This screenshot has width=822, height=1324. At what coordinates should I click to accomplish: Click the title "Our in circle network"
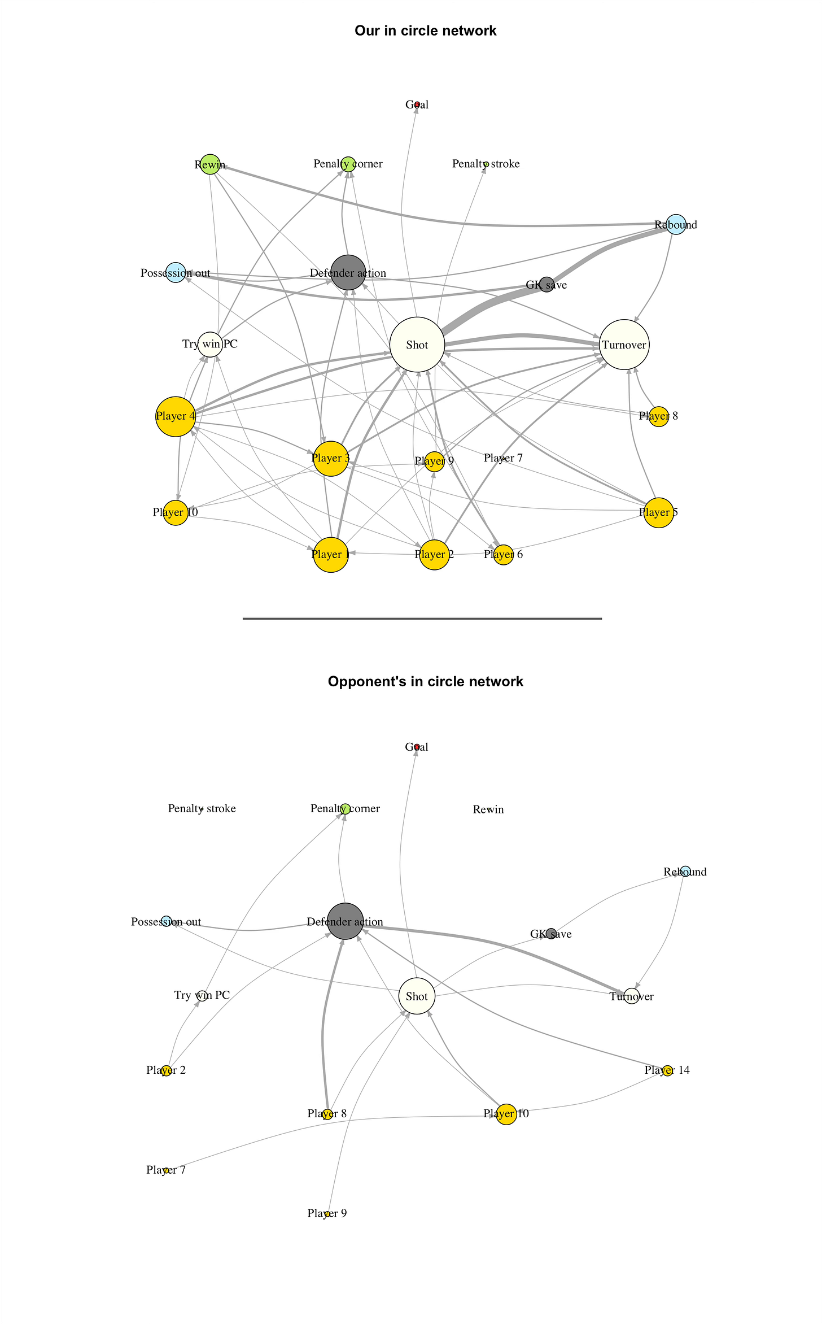click(425, 31)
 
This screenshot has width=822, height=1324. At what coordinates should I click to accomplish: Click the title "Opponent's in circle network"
click(425, 682)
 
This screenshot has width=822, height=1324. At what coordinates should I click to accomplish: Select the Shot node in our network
click(417, 345)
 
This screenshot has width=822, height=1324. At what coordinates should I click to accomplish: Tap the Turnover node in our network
click(624, 345)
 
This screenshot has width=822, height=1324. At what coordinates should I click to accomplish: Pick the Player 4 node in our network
click(176, 416)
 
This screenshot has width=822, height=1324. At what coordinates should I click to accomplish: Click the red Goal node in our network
click(417, 104)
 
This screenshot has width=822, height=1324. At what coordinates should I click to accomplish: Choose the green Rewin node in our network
click(210, 164)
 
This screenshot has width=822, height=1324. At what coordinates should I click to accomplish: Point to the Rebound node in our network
click(676, 225)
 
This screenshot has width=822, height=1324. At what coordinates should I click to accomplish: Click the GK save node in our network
click(546, 285)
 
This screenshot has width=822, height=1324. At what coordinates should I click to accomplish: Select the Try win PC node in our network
click(210, 344)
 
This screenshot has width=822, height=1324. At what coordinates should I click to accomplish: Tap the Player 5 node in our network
click(659, 513)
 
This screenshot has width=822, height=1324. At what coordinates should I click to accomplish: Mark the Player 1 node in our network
click(330, 555)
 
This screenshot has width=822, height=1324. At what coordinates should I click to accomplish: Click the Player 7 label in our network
click(503, 458)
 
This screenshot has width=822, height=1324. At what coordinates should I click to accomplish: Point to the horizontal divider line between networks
click(422, 619)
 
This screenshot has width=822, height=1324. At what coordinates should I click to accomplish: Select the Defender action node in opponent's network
click(346, 921)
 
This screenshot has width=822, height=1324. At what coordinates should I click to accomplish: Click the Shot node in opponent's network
click(417, 996)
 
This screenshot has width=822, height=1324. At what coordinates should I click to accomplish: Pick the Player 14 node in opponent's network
click(667, 1070)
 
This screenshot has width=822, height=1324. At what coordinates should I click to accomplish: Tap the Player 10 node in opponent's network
click(506, 1114)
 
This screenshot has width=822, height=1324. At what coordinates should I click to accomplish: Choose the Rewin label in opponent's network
click(488, 809)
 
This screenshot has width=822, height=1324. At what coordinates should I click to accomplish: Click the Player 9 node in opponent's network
click(327, 1213)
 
